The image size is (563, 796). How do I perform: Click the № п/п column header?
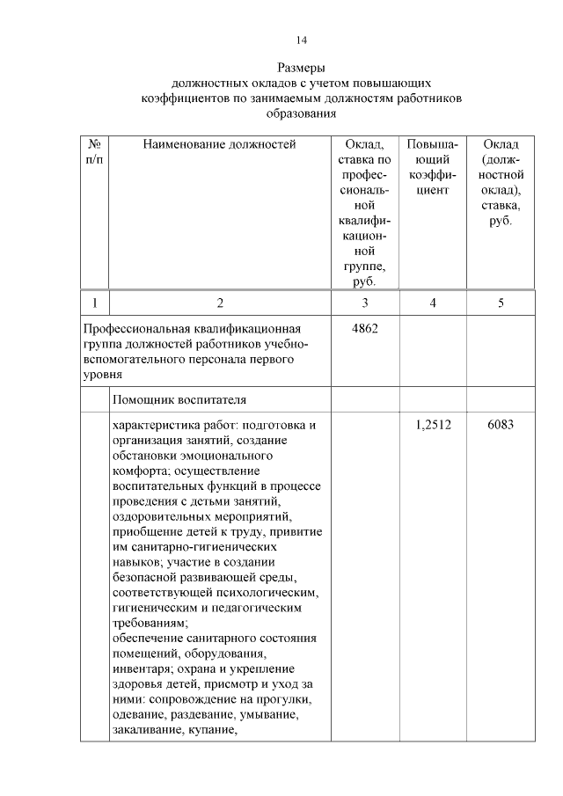pos(93,152)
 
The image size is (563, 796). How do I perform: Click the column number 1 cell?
pos(93,303)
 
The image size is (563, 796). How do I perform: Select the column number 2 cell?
pos(220,303)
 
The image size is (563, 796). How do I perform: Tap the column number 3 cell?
pos(364,303)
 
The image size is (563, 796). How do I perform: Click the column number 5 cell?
pos(501,303)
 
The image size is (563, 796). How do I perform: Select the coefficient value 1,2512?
pos(433,425)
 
